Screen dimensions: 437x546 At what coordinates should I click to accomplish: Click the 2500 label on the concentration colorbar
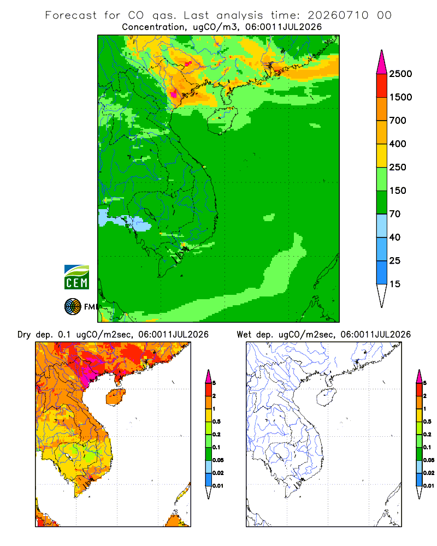(x=400, y=74)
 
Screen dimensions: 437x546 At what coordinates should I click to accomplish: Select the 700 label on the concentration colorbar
(x=398, y=121)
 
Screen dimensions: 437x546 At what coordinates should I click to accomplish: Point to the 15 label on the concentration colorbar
(x=395, y=284)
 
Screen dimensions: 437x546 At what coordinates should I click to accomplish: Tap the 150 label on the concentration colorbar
(x=398, y=191)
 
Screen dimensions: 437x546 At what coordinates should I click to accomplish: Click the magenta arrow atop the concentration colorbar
(x=382, y=63)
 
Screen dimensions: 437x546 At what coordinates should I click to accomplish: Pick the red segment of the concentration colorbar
(x=382, y=86)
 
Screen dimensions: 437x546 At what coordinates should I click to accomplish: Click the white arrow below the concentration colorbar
(x=382, y=295)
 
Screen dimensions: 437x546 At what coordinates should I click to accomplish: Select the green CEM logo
(x=76, y=277)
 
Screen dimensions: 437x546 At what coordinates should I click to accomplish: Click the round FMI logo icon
(x=73, y=307)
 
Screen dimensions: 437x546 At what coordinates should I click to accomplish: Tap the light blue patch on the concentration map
(x=127, y=221)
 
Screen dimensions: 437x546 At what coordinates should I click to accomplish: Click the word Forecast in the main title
(x=71, y=15)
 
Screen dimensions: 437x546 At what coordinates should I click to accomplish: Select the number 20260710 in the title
(x=338, y=15)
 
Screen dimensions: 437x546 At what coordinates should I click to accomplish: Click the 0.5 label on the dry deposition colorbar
(x=216, y=422)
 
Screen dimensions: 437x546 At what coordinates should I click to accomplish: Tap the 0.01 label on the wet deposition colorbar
(x=429, y=486)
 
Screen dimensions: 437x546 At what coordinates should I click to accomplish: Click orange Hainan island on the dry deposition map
(x=116, y=396)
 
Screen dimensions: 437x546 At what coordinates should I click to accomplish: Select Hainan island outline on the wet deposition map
(x=327, y=396)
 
